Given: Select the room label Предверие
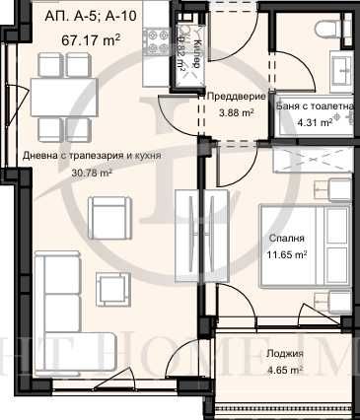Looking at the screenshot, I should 234,96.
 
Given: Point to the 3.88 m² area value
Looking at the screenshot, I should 234,111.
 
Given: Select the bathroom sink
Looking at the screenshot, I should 341,68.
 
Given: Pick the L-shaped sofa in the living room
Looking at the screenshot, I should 69,296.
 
